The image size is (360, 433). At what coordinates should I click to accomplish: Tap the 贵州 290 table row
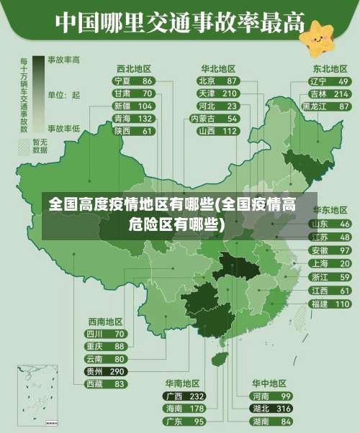click(x=105, y=372)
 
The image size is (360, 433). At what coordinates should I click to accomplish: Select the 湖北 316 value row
click(x=271, y=409)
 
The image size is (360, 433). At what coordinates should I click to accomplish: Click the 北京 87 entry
click(x=217, y=81)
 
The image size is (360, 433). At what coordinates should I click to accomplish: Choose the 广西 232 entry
click(x=184, y=396)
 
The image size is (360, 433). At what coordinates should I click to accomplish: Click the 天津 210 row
click(x=217, y=94)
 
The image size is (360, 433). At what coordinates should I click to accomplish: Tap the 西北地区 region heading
click(x=133, y=69)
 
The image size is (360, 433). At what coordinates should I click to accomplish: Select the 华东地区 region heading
click(x=330, y=211)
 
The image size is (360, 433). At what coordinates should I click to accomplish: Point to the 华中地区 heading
click(x=269, y=383)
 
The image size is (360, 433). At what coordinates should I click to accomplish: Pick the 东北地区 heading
click(x=330, y=69)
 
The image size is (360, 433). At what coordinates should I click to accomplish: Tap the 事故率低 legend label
click(x=65, y=128)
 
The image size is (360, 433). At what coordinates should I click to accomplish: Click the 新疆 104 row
click(x=133, y=106)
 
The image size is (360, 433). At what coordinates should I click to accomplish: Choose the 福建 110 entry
click(x=330, y=304)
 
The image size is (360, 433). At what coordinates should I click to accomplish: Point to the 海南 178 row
click(x=184, y=409)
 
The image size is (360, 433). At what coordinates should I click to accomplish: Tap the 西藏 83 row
click(x=105, y=384)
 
